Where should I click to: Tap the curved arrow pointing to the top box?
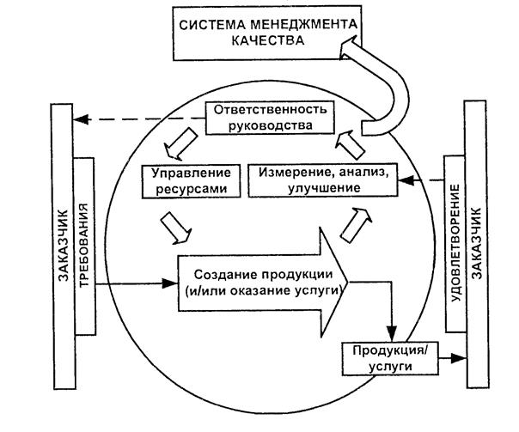[x=386, y=90]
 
